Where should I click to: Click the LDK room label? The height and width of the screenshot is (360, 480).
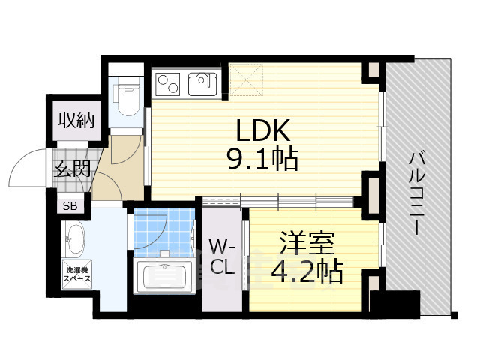coord(262,131)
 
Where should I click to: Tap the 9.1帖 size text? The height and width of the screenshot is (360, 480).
coord(262,159)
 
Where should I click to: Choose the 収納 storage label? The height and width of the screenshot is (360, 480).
coord(76,120)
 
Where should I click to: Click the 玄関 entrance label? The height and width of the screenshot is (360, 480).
coord(72,169)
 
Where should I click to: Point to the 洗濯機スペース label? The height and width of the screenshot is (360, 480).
coord(77,274)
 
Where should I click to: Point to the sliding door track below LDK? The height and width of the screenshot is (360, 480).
coord(277,200)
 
